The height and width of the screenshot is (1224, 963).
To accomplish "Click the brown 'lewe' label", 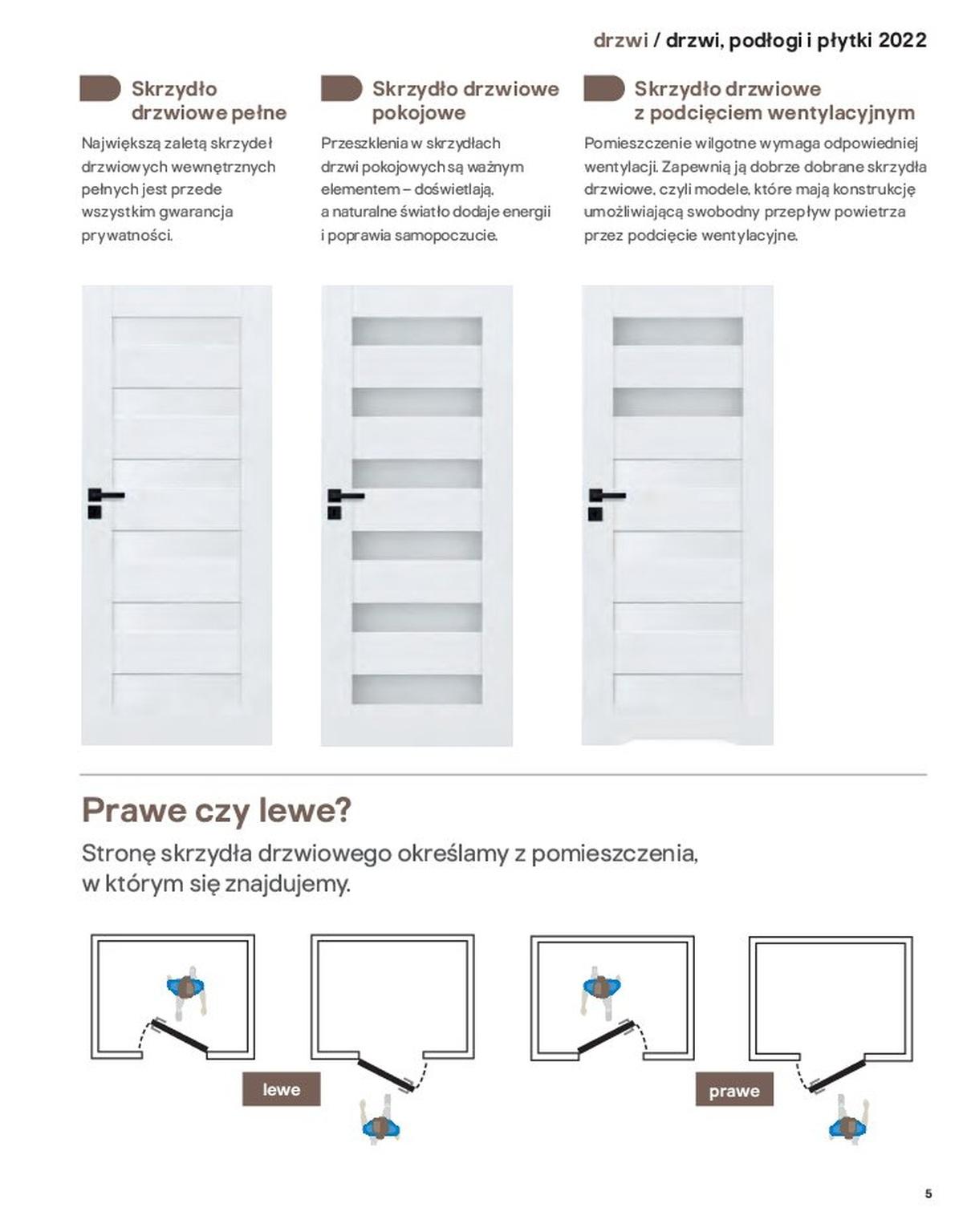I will [x=281, y=1089].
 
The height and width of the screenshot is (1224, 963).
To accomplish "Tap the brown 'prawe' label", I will [x=733, y=1091].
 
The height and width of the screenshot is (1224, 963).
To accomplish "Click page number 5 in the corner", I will [x=928, y=1194].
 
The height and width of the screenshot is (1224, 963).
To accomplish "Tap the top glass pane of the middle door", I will [x=416, y=331].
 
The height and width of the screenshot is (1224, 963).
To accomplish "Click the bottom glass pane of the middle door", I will [x=416, y=689].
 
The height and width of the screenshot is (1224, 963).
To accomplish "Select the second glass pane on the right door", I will [x=677, y=402].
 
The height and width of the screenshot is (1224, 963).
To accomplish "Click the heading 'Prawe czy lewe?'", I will [x=217, y=810].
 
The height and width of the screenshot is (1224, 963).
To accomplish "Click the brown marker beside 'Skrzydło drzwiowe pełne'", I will [x=100, y=89].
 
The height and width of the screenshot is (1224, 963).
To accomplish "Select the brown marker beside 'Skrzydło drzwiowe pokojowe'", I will [x=341, y=89].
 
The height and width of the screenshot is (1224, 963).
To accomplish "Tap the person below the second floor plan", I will [x=381, y=1124].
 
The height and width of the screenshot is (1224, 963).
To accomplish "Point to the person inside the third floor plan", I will [x=600, y=987].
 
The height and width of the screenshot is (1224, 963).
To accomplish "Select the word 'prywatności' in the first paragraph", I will [x=126, y=236].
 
